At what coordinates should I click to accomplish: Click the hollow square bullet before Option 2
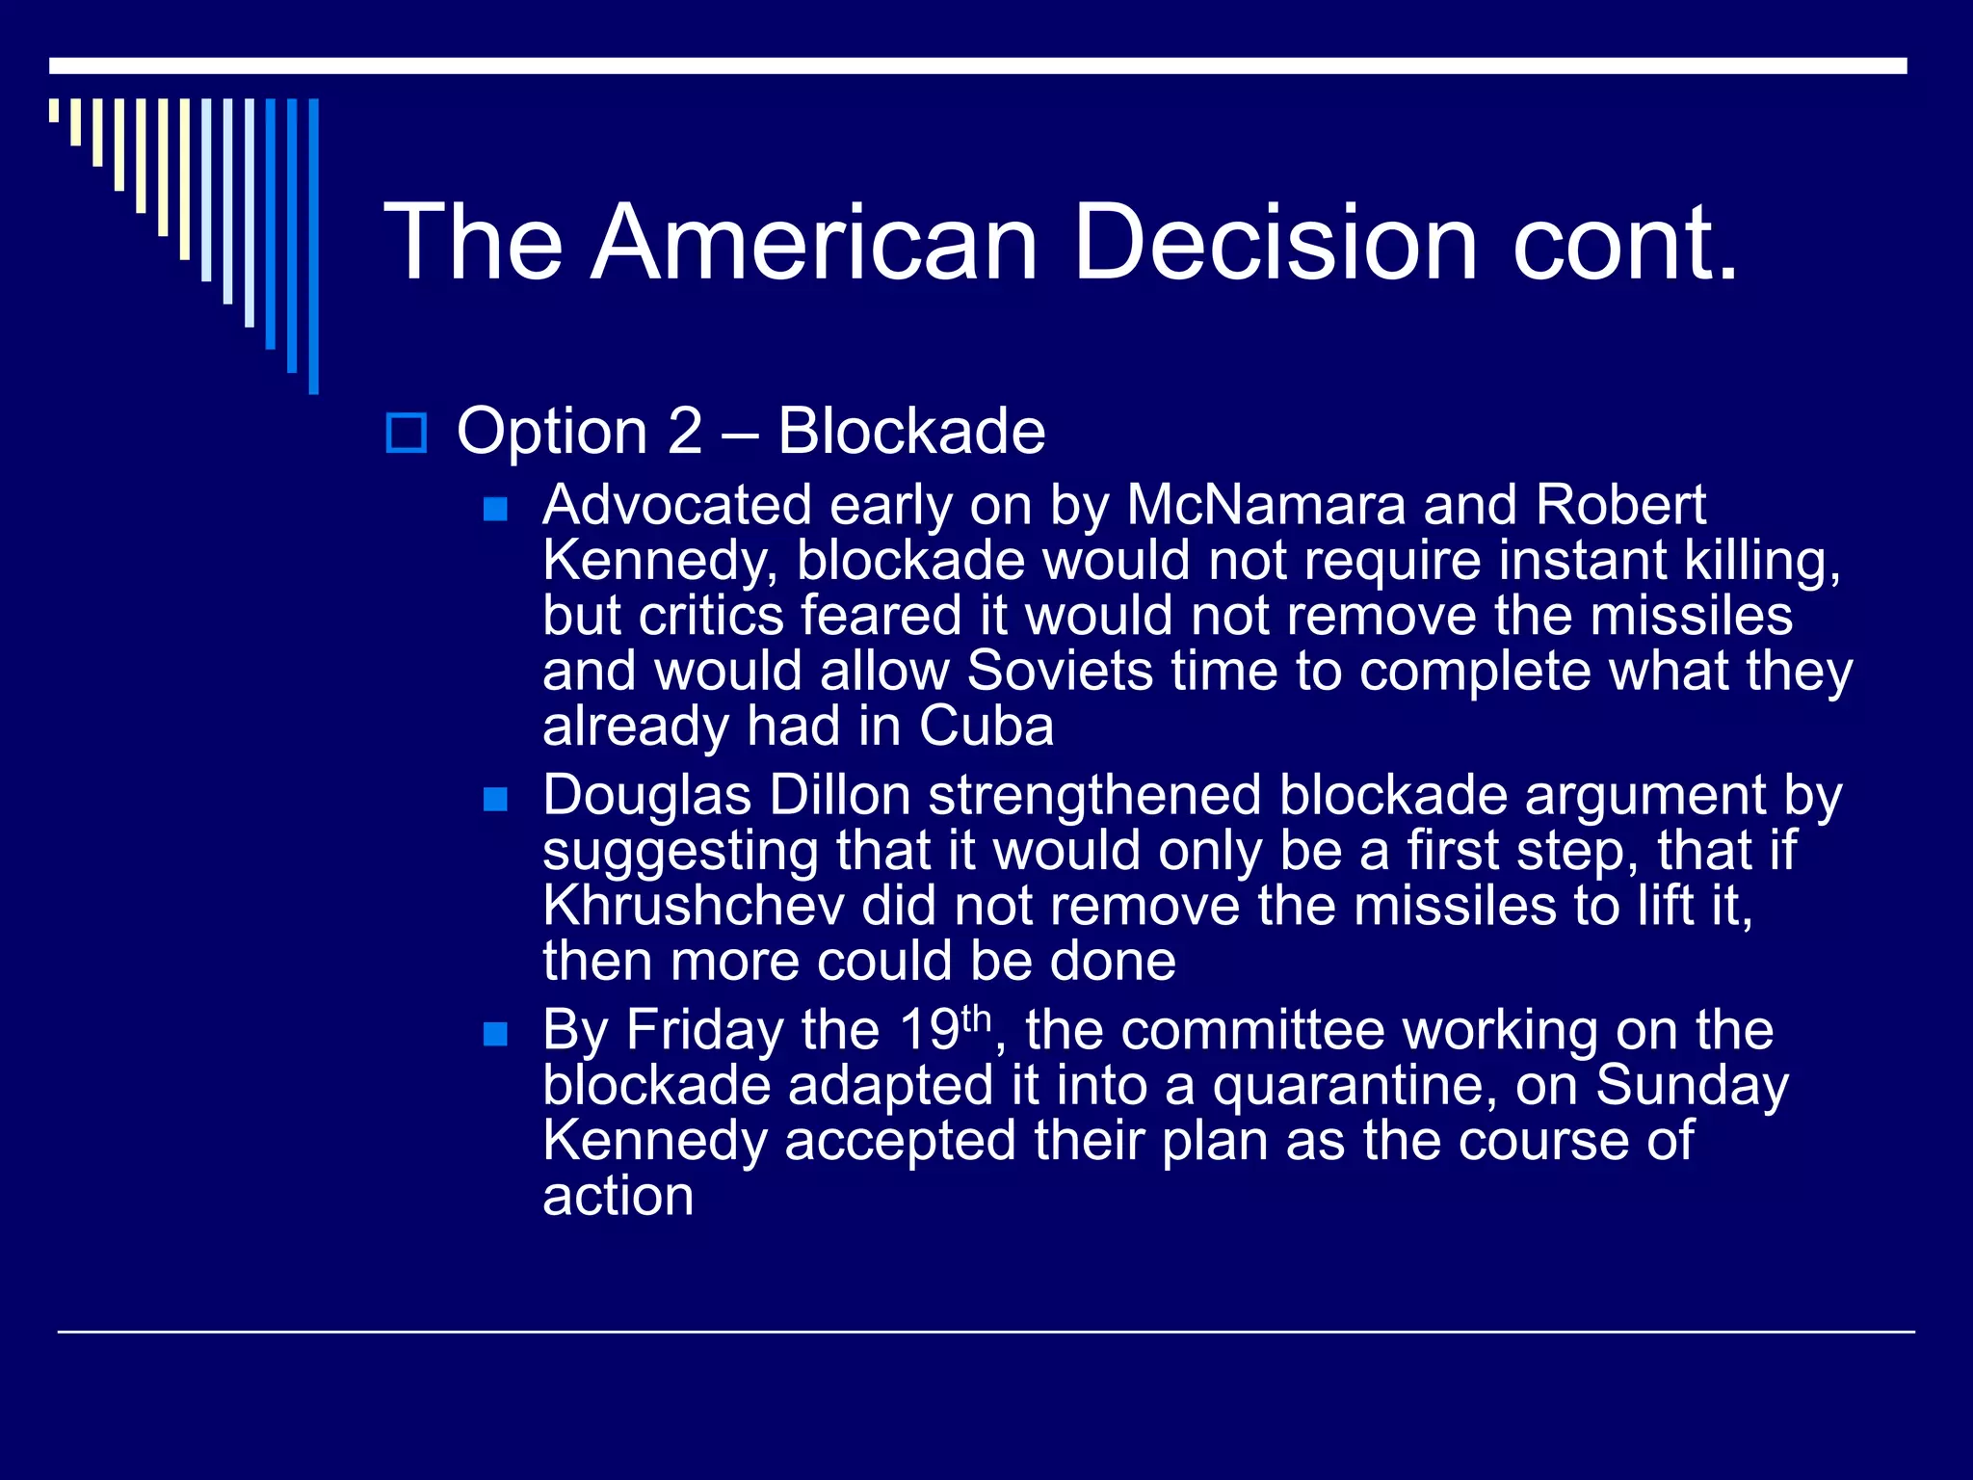coord(406,433)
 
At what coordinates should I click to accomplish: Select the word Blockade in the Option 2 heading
coord(910,431)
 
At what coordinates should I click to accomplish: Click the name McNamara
coord(1266,505)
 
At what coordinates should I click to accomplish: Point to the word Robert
coord(1620,505)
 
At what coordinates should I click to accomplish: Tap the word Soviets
coord(1060,671)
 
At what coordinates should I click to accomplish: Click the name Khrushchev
coord(694,907)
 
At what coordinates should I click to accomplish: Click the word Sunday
coord(1692,1086)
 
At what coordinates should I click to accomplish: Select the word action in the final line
coord(618,1197)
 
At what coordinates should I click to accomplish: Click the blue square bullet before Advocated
coord(495,509)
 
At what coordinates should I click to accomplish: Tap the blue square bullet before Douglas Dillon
coord(495,799)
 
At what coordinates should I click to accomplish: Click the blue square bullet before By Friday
coord(495,1034)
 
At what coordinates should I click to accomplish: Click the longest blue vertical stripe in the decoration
coord(313,246)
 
